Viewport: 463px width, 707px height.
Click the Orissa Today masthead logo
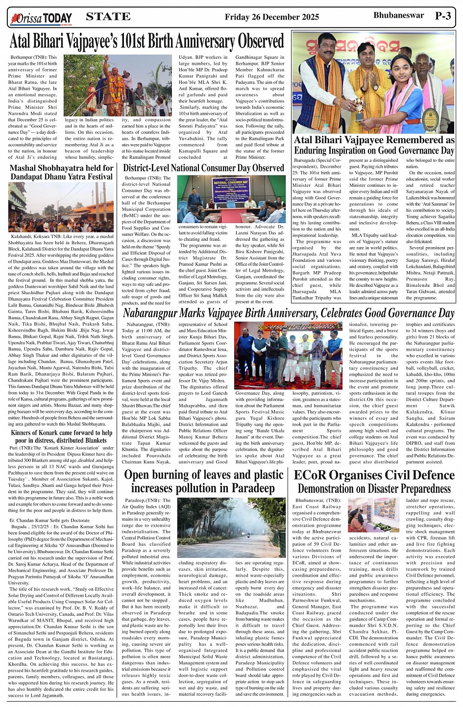click(x=42, y=19)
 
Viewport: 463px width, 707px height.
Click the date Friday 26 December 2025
click(x=271, y=17)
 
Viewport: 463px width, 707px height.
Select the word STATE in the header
click(x=108, y=17)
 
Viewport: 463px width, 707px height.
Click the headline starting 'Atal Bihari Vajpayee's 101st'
click(x=147, y=42)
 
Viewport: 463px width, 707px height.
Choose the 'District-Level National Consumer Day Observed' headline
click(x=203, y=168)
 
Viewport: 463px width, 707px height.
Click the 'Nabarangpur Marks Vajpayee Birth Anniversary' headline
click(x=289, y=313)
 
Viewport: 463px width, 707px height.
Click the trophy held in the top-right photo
click(x=360, y=109)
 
